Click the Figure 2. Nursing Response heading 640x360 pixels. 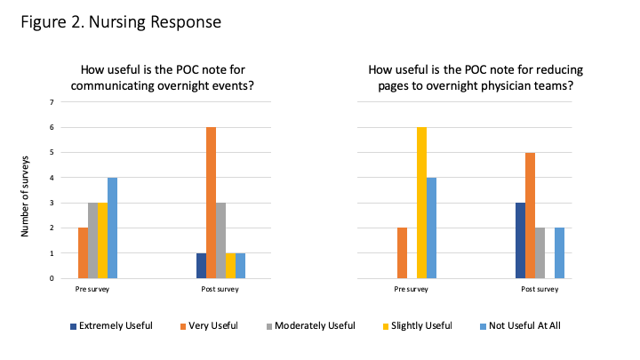tap(121, 21)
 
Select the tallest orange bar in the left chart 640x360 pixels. tap(211, 203)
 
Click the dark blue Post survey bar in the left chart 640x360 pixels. tap(201, 265)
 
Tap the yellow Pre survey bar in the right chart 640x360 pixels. tap(421, 203)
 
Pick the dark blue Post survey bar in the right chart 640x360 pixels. tap(520, 240)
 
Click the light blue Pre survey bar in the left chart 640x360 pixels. tap(112, 228)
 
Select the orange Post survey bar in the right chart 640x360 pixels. tap(530, 215)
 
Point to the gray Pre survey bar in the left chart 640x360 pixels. tap(92, 240)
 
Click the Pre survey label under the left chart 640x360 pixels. tap(92, 289)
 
